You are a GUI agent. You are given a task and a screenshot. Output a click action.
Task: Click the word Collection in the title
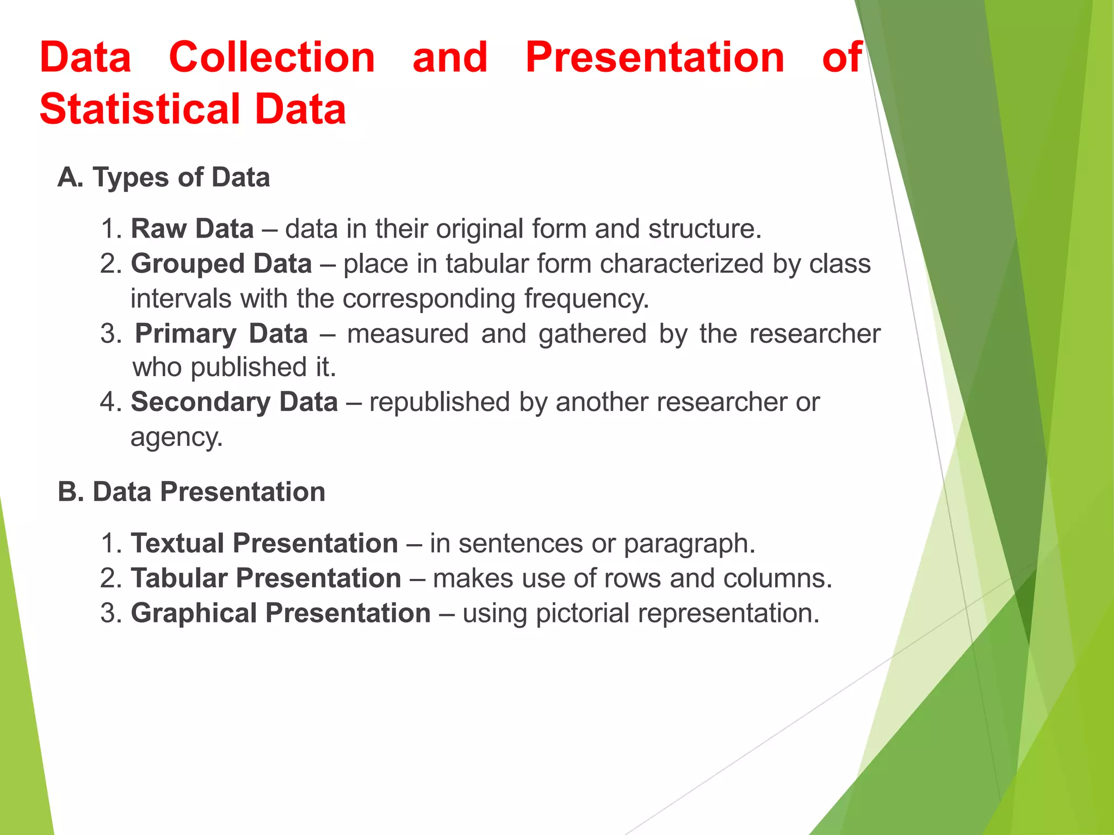coord(272,58)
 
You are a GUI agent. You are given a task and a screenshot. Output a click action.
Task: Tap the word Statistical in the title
coord(140,109)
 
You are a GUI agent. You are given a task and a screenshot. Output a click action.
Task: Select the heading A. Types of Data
coord(164,177)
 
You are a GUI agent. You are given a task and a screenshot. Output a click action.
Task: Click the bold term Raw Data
coord(192,228)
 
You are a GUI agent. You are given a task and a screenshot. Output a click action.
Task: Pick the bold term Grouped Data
coord(221,264)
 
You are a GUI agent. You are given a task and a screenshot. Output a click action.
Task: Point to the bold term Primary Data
coord(221,333)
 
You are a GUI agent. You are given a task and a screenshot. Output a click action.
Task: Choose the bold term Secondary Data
coord(234,402)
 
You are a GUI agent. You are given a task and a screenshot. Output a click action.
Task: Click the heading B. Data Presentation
coord(191,491)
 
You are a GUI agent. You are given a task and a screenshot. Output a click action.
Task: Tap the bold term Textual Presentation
coord(264,543)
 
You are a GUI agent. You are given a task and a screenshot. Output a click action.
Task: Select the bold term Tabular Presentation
coord(266,578)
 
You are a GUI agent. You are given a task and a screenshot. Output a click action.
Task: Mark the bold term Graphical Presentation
coord(281,613)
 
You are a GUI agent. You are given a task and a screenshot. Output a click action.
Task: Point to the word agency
coord(176,438)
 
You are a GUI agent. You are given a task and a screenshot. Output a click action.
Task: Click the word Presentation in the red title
coord(655,58)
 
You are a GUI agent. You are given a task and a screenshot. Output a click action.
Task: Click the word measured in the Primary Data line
coord(407,333)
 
